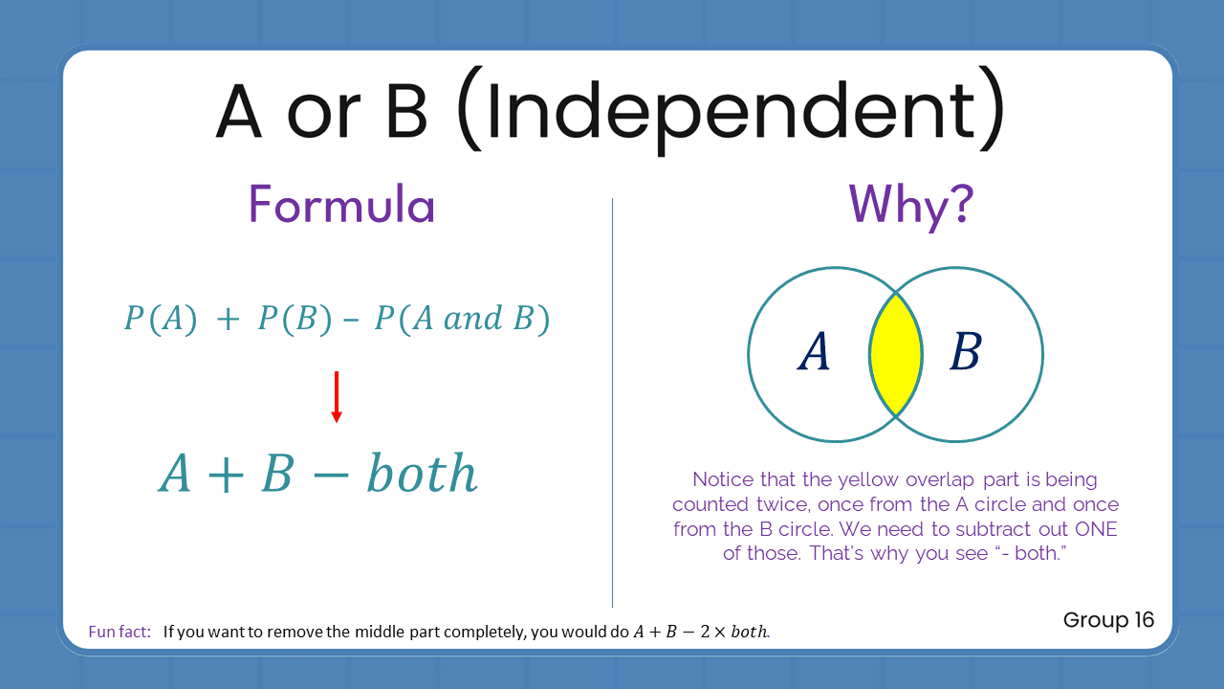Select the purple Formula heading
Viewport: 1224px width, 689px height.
pyautogui.click(x=341, y=205)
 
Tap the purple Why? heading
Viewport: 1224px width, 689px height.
pyautogui.click(x=911, y=205)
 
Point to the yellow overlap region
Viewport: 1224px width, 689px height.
pyautogui.click(x=896, y=355)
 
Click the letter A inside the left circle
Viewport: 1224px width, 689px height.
pyautogui.click(x=814, y=354)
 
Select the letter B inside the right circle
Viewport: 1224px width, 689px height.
pyautogui.click(x=965, y=354)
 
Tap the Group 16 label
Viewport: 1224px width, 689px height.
pyautogui.click(x=1108, y=620)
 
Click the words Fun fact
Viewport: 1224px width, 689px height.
pyautogui.click(x=120, y=632)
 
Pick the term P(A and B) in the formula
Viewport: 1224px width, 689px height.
pyautogui.click(x=462, y=320)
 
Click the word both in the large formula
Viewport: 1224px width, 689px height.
pyautogui.click(x=422, y=474)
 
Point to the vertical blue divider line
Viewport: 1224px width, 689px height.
pyautogui.click(x=612, y=402)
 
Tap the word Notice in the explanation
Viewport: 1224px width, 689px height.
pyautogui.click(x=723, y=479)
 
